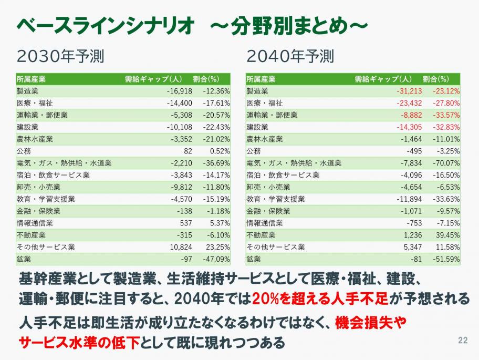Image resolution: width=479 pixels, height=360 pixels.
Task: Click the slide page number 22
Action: (463, 340)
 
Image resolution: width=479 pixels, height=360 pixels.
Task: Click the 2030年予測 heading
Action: (64, 56)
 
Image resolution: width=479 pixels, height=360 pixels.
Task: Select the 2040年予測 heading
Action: (290, 56)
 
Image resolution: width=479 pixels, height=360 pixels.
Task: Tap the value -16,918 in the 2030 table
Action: (179, 91)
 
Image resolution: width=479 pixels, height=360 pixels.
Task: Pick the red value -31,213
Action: (409, 91)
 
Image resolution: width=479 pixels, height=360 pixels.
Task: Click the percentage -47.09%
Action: (216, 259)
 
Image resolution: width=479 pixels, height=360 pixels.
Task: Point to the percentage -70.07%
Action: (446, 163)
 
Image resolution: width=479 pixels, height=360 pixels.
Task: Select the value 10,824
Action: (181, 247)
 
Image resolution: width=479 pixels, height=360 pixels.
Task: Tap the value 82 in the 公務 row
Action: (188, 151)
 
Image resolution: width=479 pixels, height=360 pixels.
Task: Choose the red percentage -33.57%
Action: (446, 115)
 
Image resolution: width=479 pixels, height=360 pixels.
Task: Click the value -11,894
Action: (409, 199)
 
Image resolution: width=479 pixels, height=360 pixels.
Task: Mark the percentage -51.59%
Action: (446, 259)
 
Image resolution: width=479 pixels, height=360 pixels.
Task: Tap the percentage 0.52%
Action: (218, 151)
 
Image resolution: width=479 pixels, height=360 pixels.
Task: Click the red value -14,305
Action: (409, 127)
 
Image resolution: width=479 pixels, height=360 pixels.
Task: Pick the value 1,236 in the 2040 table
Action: (412, 235)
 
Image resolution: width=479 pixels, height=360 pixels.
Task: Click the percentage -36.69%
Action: (216, 163)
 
